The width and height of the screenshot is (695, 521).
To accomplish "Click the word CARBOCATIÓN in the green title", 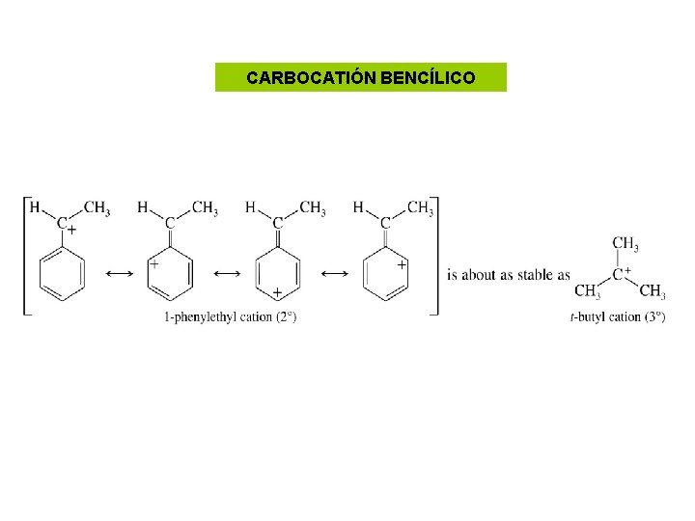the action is click(x=311, y=77).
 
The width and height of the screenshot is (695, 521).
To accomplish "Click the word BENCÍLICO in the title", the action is click(x=428, y=77).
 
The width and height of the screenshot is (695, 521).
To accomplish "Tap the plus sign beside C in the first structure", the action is click(x=71, y=229).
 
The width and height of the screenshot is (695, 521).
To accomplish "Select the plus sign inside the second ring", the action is click(x=153, y=264).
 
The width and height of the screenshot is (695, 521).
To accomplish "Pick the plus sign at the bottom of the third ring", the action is click(x=277, y=292).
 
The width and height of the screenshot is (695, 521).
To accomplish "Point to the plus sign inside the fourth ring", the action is click(x=402, y=265).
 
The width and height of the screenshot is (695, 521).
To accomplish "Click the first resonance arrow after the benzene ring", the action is click(x=120, y=274).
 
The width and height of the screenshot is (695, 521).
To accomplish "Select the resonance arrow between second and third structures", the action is click(x=227, y=274).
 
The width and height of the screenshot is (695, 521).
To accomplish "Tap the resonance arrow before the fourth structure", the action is click(x=335, y=274).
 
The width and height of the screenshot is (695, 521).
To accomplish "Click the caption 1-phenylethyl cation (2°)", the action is click(x=230, y=317).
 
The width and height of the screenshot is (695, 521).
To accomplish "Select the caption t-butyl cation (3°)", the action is click(x=618, y=317).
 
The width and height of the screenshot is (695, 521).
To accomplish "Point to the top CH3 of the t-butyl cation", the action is click(x=625, y=244).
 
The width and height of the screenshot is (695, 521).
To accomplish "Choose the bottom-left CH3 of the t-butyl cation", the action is click(x=587, y=291).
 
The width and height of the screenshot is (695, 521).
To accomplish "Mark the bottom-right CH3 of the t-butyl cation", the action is click(x=653, y=291).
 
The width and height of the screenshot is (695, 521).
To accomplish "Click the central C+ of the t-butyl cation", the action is click(x=622, y=274).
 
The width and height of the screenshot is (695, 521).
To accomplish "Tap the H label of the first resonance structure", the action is click(x=35, y=206).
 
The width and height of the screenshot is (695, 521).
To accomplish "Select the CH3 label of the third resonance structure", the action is click(x=313, y=207).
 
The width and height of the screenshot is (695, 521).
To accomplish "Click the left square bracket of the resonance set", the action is click(x=27, y=256).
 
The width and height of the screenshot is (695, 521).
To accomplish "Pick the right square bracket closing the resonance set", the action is click(x=434, y=256).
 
